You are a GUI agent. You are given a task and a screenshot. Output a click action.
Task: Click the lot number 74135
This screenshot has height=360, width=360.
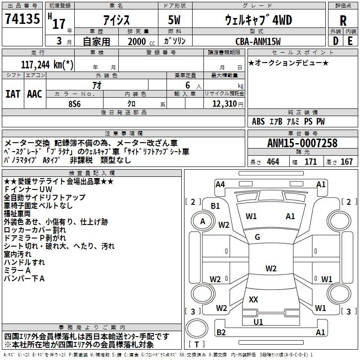[x=22, y=19]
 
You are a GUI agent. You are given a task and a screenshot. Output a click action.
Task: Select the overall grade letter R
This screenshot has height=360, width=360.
[x=343, y=21]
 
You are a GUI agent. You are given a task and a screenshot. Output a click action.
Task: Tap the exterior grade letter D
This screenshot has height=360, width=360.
[x=336, y=41]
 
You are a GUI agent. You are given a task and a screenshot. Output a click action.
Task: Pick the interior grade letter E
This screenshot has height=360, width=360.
[x=350, y=41]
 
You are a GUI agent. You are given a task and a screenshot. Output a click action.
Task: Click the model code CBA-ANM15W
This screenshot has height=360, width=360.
[x=258, y=41]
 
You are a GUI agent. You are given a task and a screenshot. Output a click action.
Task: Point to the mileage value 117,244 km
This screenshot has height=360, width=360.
[x=47, y=65]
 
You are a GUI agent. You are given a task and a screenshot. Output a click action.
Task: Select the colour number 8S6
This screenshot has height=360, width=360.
[x=75, y=104]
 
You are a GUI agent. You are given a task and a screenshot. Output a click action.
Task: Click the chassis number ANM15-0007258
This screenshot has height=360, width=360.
[x=302, y=143]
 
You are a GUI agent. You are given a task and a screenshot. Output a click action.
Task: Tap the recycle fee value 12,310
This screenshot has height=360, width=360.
[x=224, y=104]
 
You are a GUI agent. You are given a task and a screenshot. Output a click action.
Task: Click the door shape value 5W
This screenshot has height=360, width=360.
[x=174, y=20]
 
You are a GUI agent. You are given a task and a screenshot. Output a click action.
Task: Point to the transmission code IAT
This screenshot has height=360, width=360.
[x=13, y=94]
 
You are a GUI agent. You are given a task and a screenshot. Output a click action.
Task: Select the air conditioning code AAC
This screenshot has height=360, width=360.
[x=35, y=94]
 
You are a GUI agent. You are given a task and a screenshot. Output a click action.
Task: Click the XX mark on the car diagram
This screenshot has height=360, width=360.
[x=253, y=299]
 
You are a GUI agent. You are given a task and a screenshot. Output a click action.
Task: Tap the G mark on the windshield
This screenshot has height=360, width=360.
[x=257, y=237]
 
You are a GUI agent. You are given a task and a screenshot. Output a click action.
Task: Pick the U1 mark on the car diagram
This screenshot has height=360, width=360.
[x=258, y=322]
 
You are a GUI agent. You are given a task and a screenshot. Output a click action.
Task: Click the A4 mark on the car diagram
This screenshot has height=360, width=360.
[x=220, y=184]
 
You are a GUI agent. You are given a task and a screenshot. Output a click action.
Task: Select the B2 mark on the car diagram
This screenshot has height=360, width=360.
[x=221, y=332]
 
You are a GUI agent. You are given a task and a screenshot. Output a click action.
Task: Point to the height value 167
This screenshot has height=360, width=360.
[x=346, y=162]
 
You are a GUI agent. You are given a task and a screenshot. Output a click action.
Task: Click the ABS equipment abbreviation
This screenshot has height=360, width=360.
[x=258, y=121]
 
